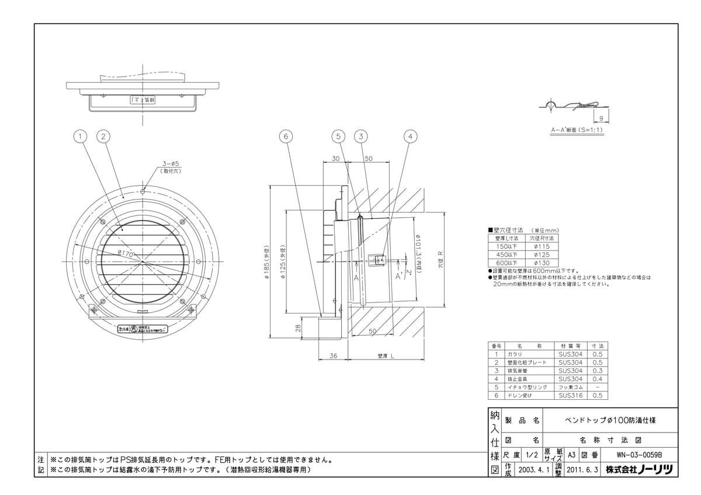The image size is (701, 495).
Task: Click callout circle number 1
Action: click(81, 137)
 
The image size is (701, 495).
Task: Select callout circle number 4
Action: click(411, 137)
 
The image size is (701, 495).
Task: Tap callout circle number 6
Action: click(285, 137)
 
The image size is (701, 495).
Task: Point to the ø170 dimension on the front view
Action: click(127, 253)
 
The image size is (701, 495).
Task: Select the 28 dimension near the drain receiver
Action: click(297, 328)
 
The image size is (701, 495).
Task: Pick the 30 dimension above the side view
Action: click(336, 159)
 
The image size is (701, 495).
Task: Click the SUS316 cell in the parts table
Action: click(570, 395)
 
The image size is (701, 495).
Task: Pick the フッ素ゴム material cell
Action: click(570, 387)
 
